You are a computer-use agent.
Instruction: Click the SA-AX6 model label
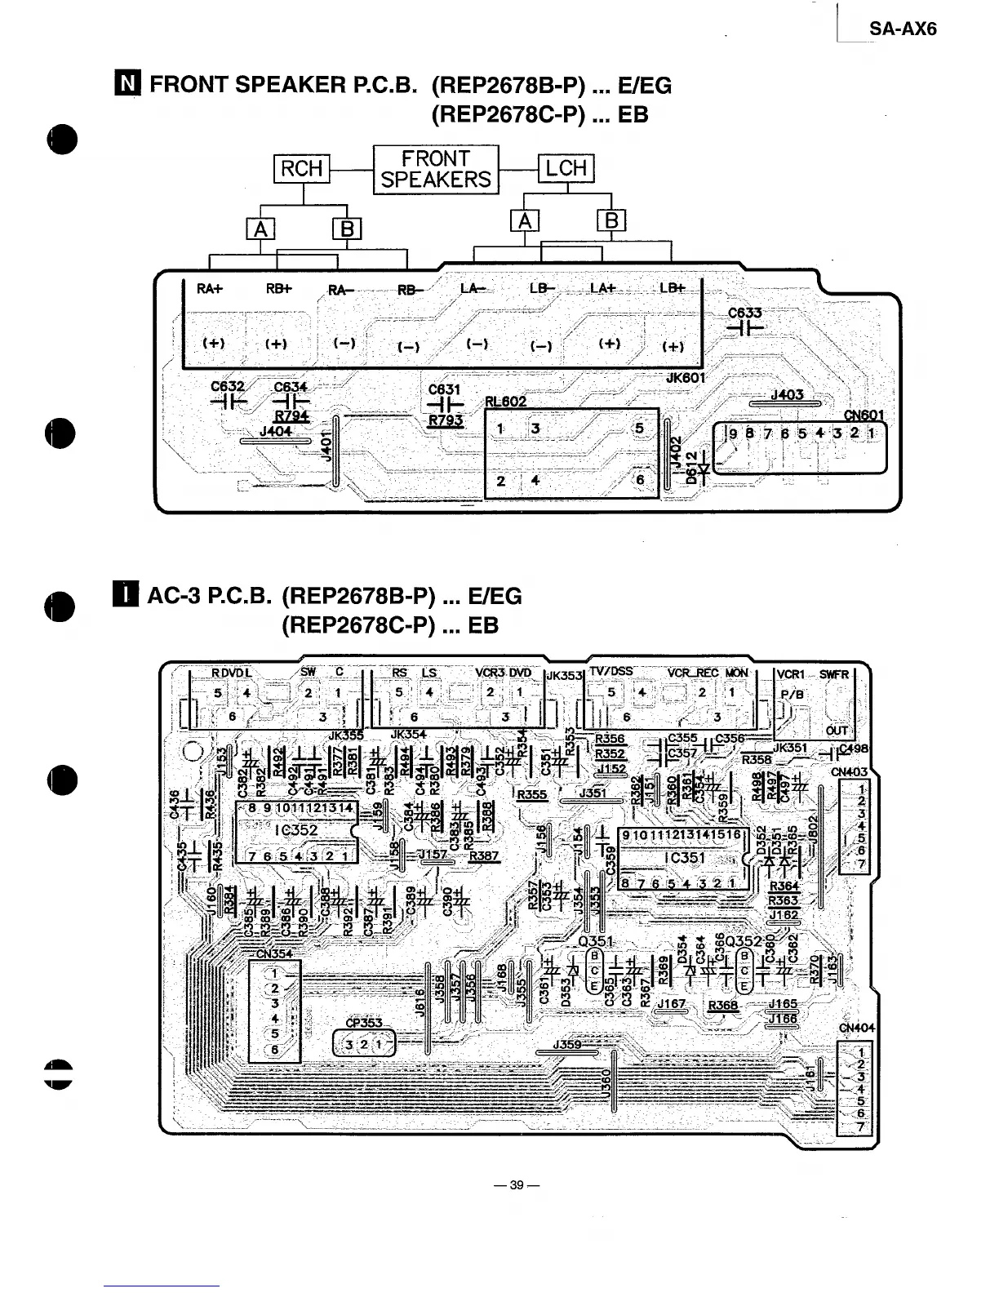[x=902, y=29]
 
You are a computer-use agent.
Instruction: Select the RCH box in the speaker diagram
[x=302, y=169]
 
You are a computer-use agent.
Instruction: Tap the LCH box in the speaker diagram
[x=566, y=169]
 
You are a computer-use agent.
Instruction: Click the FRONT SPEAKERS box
[x=436, y=170]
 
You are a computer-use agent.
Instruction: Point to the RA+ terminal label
[x=210, y=288]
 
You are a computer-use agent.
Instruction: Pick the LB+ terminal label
[x=673, y=288]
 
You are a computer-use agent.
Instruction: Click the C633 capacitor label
[x=744, y=313]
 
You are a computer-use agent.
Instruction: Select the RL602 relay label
[x=505, y=402]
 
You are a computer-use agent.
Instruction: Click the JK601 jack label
[x=686, y=378]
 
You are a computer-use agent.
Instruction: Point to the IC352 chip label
[x=296, y=830]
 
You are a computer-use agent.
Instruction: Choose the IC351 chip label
[x=685, y=858]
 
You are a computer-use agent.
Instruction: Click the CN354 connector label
[x=274, y=953]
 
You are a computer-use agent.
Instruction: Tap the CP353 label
[x=363, y=1023]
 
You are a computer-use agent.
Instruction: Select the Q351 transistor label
[x=595, y=941]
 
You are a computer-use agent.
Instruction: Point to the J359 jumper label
[x=566, y=1044]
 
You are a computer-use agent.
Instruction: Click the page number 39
[x=516, y=1185]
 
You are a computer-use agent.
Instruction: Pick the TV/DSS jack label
[x=611, y=672]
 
